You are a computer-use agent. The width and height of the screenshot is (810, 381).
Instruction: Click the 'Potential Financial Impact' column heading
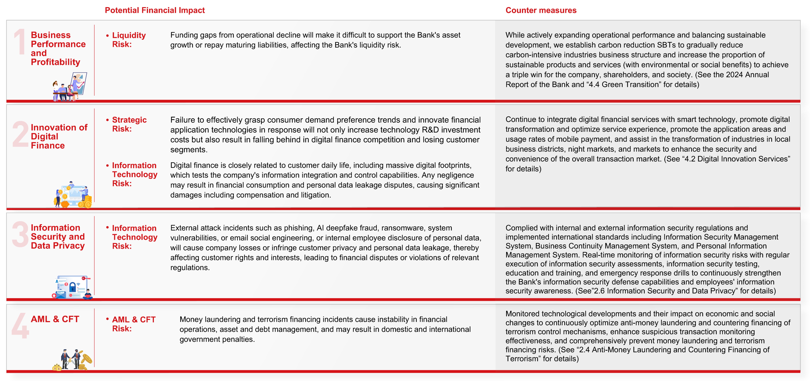click(x=155, y=10)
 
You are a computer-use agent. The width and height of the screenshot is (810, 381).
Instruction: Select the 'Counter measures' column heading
click(x=541, y=10)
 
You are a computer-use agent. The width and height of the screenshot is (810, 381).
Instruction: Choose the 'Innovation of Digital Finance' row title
click(x=59, y=136)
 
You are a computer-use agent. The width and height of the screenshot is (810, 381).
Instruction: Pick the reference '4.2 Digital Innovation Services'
click(x=736, y=159)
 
